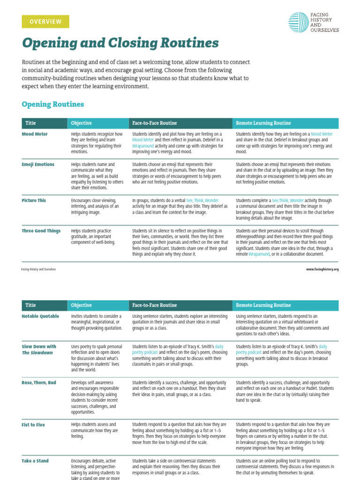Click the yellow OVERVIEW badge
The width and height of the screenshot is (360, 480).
pyautogui.click(x=45, y=22)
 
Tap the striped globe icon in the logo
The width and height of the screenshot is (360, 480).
pyautogui.click(x=298, y=22)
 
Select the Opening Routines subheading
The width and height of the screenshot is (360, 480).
pyautogui.click(x=53, y=104)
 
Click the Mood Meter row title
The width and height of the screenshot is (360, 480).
pyautogui.click(x=35, y=134)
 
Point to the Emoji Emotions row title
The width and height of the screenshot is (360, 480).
pyautogui.click(x=38, y=165)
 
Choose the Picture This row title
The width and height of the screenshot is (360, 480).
pyautogui.click(x=34, y=200)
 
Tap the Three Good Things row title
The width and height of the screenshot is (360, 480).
pyautogui.click(x=41, y=231)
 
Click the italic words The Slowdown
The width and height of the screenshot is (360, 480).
pyautogui.click(x=37, y=352)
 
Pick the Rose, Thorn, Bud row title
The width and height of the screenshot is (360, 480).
pyautogui.click(x=39, y=382)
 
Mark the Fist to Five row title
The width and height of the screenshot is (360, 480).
pyautogui.click(x=33, y=425)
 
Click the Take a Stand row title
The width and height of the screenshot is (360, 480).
pyautogui.click(x=35, y=461)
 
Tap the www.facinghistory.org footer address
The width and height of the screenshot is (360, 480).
pyautogui.click(x=322, y=270)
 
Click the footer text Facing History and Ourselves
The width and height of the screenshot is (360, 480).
pyautogui.click(x=38, y=270)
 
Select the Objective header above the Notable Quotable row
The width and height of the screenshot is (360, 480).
pyautogui.click(x=81, y=305)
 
